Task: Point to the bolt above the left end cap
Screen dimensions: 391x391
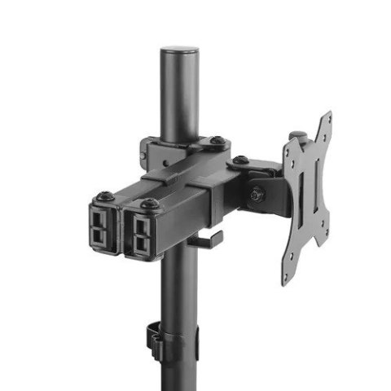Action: tap(105, 196)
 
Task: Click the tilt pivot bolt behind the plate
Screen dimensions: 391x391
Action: tap(257, 194)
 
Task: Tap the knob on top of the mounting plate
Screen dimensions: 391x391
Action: tap(298, 136)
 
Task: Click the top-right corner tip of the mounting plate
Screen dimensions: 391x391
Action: tap(327, 115)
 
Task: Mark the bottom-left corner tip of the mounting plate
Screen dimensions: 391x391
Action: tap(287, 279)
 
